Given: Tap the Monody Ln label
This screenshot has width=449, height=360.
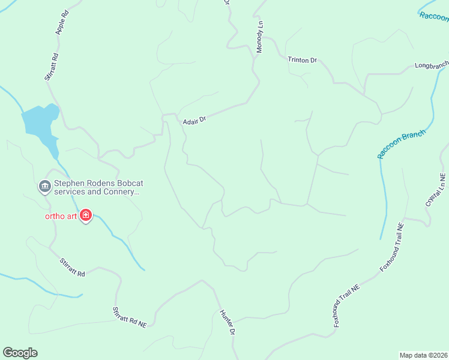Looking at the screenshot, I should tap(260, 37).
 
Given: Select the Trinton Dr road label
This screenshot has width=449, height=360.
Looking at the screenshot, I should tap(302, 60).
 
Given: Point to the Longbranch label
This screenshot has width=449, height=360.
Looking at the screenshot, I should tap(432, 64).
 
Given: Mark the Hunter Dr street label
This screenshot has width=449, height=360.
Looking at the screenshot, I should tap(227, 322).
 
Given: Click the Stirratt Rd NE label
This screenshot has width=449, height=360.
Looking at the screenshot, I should tap(130, 317).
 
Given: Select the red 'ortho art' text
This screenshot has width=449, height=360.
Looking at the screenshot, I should tap(61, 216).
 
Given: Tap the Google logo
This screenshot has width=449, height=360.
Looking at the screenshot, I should tap(20, 353).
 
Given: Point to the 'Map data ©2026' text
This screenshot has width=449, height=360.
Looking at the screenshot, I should tap(423, 355).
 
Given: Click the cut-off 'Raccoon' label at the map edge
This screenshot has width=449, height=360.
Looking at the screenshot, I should tap(435, 16).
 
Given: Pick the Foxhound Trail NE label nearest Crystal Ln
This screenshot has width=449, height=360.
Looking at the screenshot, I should tap(392, 246).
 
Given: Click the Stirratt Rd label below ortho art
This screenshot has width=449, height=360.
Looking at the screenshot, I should tap(73, 267).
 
